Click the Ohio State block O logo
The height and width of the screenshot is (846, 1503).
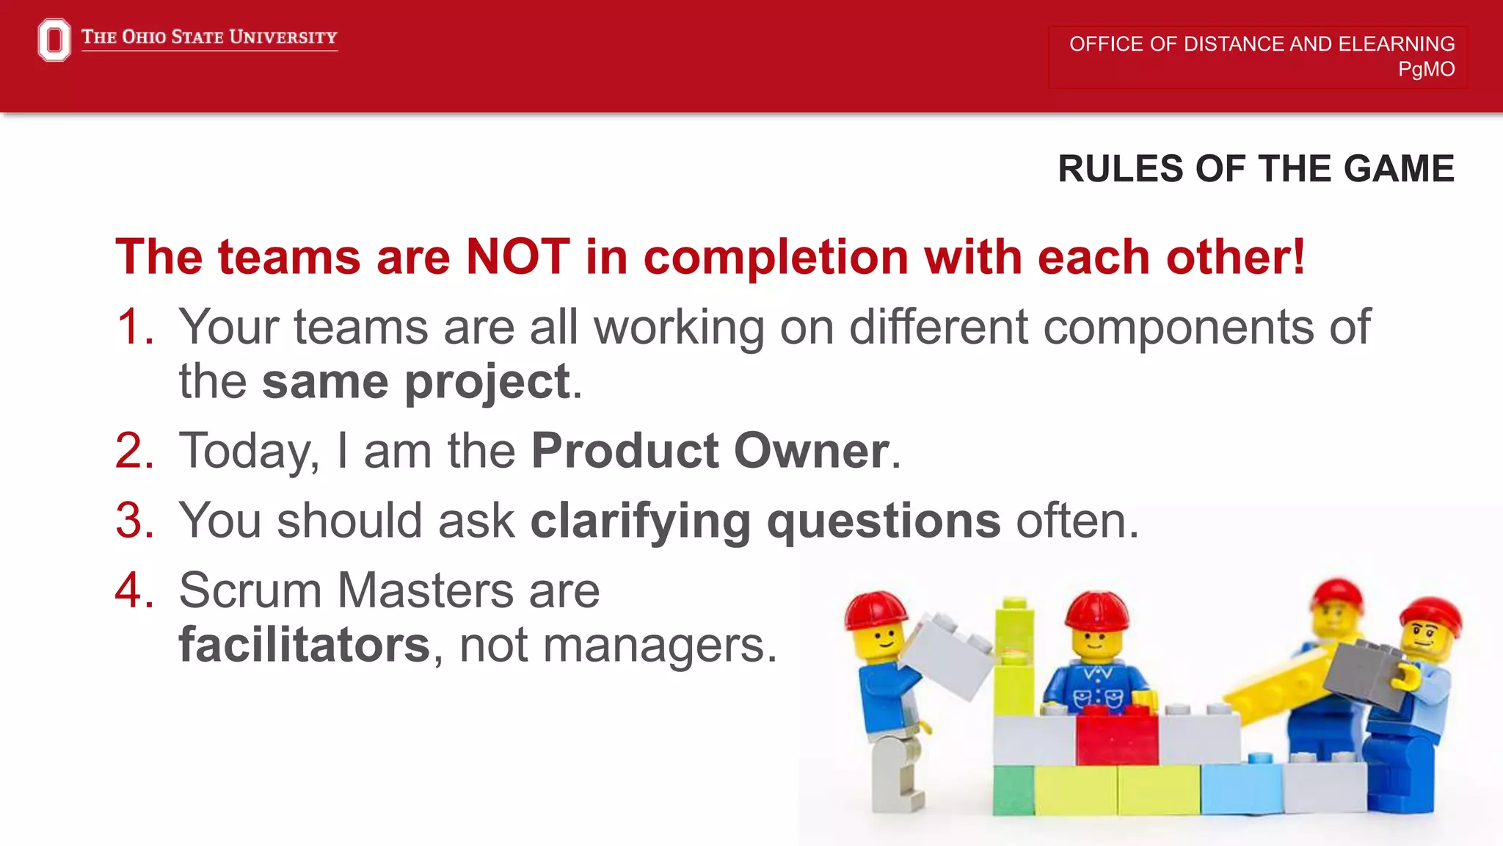click(x=54, y=40)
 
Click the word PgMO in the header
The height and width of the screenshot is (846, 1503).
click(x=1425, y=69)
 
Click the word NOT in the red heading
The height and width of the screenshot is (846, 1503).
click(x=517, y=257)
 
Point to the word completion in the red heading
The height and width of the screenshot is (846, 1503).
click(x=776, y=258)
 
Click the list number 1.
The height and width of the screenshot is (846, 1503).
click(x=136, y=327)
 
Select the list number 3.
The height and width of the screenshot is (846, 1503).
click(x=136, y=521)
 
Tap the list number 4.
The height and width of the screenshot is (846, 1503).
click(x=136, y=590)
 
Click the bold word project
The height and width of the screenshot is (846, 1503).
click(x=487, y=383)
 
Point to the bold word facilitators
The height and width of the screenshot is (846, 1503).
click(x=304, y=645)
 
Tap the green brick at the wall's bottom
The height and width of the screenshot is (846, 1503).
click(x=1013, y=790)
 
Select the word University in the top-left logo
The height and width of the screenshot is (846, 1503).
click(x=283, y=37)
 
